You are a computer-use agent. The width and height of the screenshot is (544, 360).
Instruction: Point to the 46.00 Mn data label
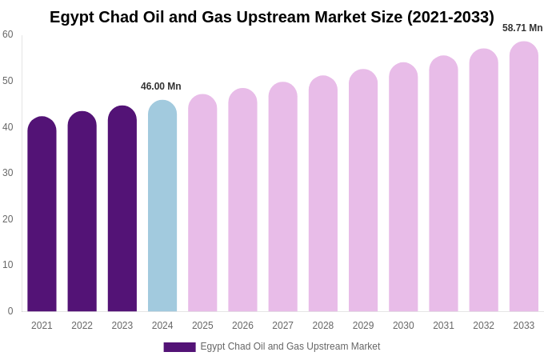tap(161, 86)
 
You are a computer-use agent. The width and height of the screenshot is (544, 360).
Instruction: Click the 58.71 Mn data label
tap(522, 28)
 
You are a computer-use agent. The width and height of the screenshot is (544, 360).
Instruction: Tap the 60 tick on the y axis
tap(8, 34)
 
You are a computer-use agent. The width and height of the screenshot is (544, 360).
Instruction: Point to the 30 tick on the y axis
tap(8, 173)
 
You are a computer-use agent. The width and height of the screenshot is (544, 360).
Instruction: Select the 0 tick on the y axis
tap(10, 311)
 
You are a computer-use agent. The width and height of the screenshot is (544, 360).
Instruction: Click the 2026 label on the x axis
tap(242, 326)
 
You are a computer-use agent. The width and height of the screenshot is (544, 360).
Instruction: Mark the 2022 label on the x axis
tap(82, 326)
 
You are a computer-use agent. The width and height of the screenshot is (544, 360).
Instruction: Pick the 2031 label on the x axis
tap(443, 326)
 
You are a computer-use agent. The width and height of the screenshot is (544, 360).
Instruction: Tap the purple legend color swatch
tap(179, 347)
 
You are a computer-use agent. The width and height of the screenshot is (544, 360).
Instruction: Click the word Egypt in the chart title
tap(71, 17)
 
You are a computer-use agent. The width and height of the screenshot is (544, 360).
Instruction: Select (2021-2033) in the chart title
tap(450, 17)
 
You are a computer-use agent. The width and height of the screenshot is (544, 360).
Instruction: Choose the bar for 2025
tap(202, 203)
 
